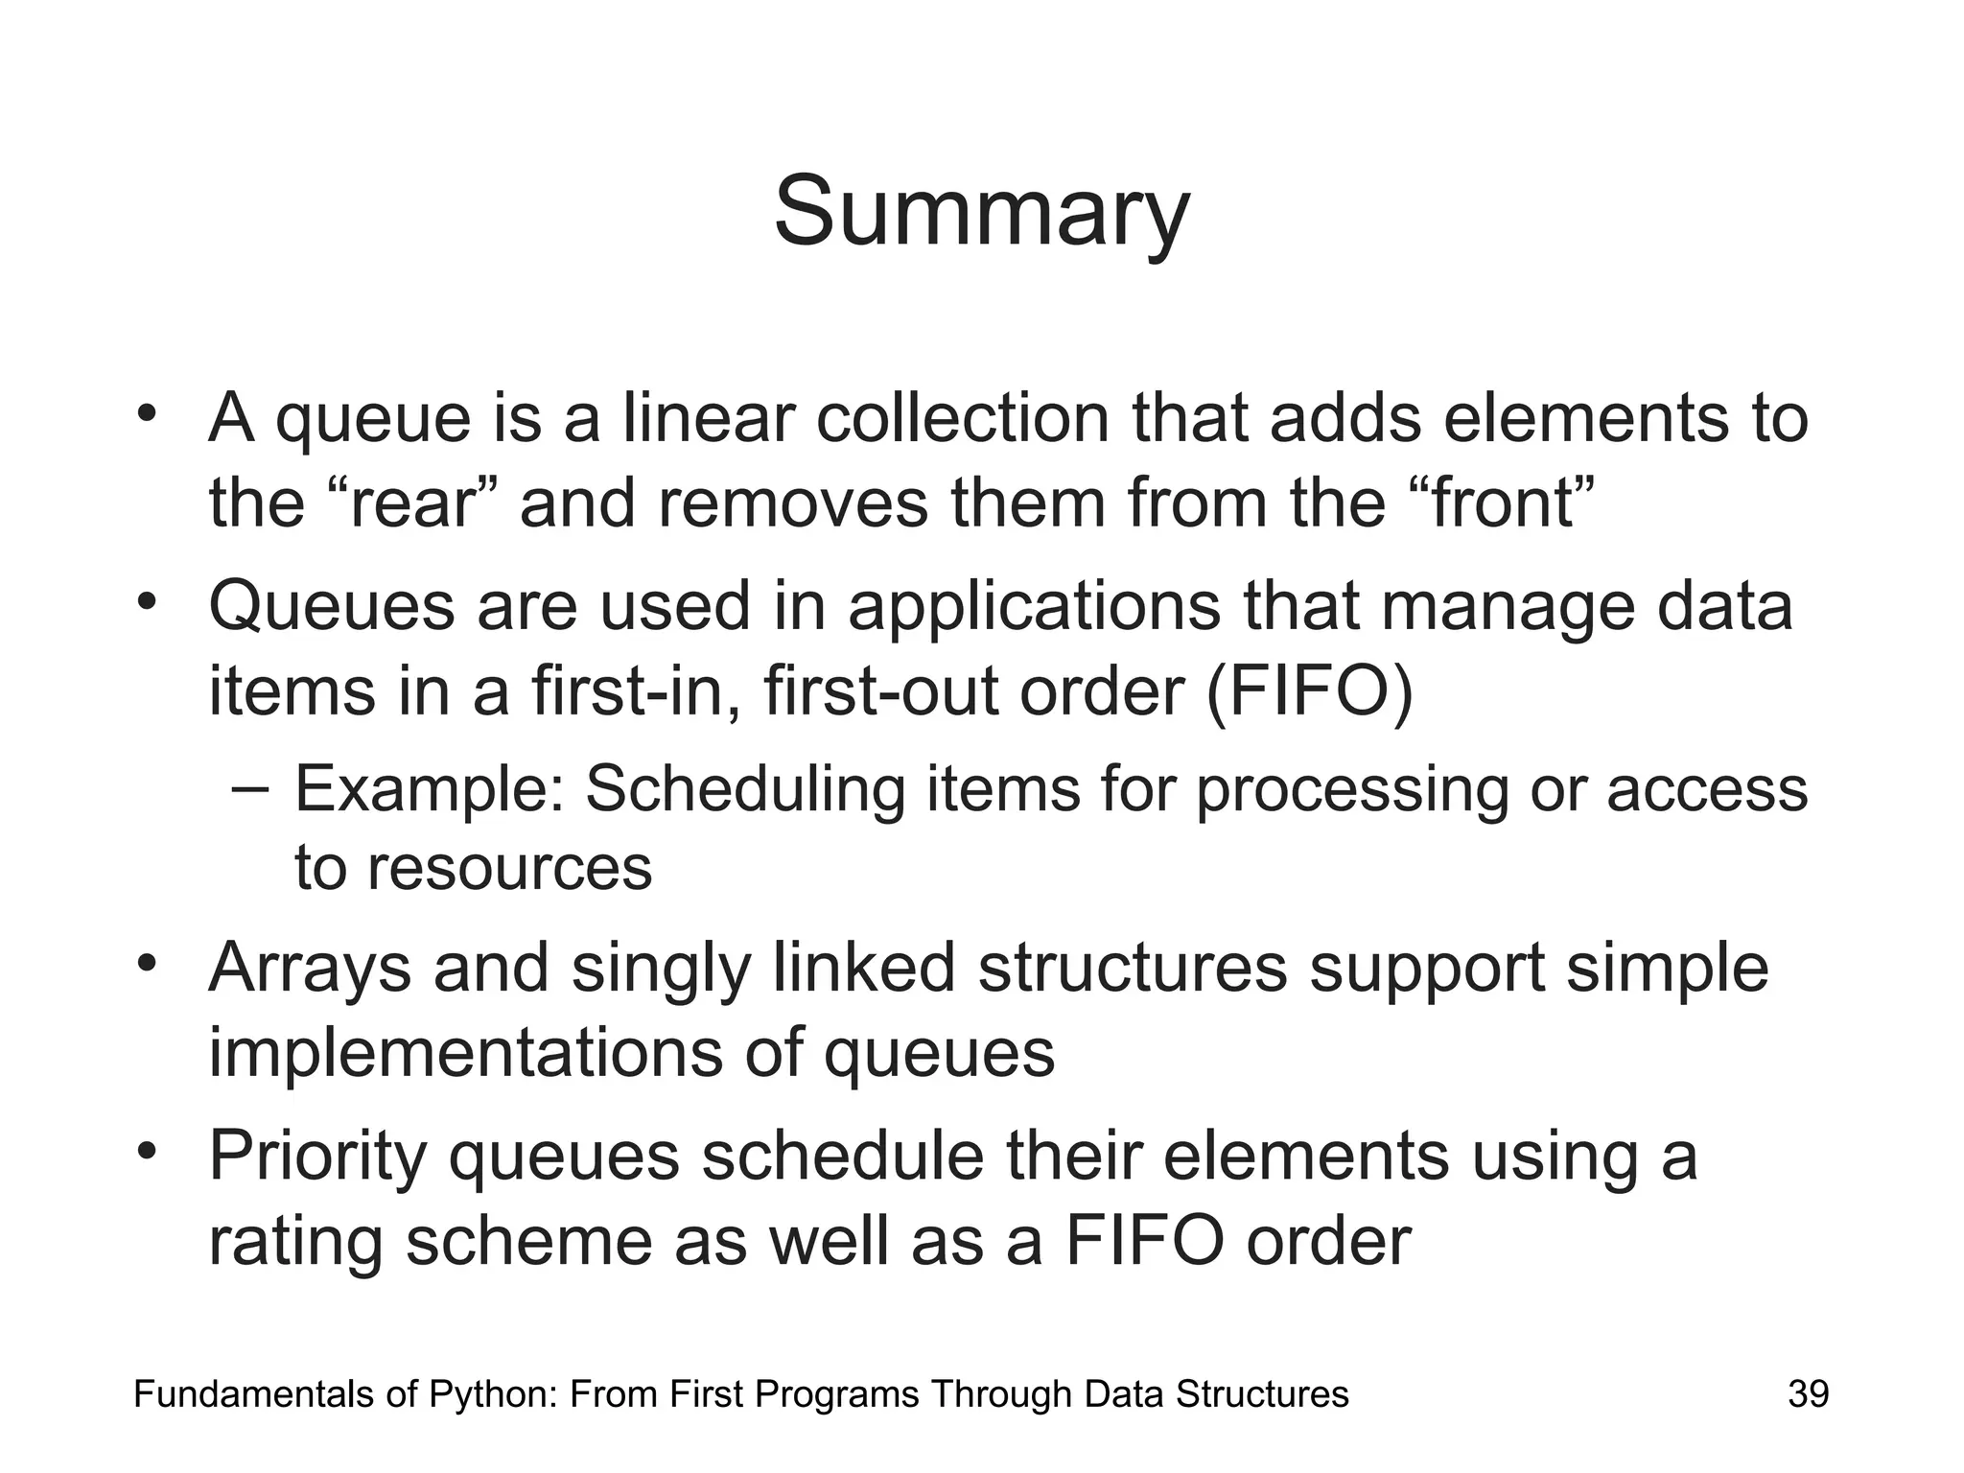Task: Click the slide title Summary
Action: (981, 213)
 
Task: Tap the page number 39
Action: (1808, 1393)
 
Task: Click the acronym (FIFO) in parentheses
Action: (1309, 690)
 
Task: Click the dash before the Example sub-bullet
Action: (250, 788)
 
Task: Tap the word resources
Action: (509, 868)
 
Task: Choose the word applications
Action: (1034, 608)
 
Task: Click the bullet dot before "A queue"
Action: (146, 414)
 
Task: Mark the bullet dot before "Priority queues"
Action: (146, 1151)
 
